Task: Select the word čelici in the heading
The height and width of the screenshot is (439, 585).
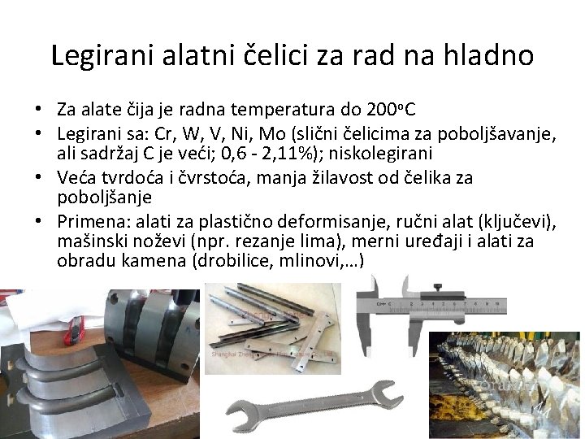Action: point(275,55)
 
